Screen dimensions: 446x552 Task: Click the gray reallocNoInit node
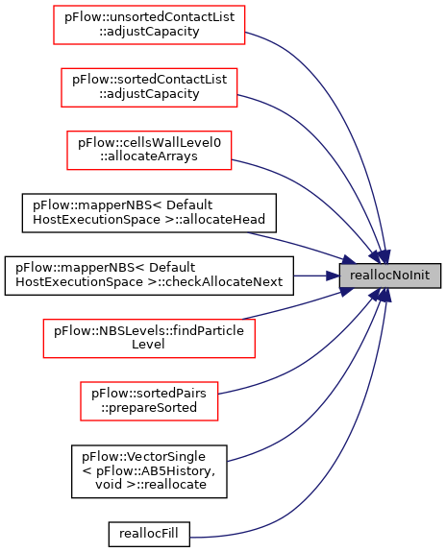(390, 276)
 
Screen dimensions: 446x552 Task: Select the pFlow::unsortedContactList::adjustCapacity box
(149, 25)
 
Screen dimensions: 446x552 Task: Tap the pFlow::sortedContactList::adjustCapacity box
(149, 87)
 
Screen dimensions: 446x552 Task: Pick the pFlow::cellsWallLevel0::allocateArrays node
(149, 151)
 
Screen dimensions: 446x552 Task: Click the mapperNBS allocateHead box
(149, 213)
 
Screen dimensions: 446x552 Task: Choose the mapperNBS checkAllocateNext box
(149, 276)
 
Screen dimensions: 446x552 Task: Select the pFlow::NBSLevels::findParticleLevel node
(149, 338)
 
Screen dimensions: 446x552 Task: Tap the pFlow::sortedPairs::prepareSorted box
(149, 401)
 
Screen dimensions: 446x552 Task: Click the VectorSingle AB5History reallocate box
(149, 471)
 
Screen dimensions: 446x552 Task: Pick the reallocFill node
(149, 534)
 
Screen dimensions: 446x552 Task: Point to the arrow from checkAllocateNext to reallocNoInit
(316, 276)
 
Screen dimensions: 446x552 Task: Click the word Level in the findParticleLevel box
(148, 345)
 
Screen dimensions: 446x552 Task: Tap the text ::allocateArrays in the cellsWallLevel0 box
(148, 156)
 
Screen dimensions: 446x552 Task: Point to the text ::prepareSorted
(148, 408)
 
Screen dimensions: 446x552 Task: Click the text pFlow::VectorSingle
(143, 457)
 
